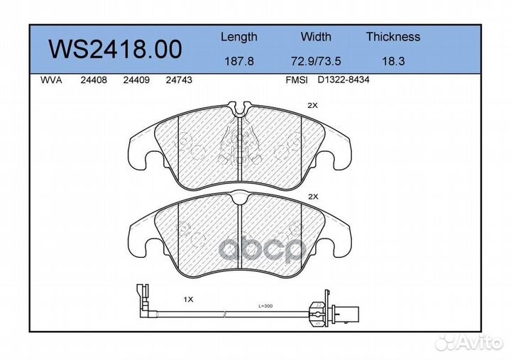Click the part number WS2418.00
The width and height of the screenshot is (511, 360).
pos(114,50)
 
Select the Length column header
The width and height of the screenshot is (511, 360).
pos(238,37)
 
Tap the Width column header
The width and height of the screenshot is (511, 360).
pos(316,37)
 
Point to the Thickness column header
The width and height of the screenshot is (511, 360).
pos(392,37)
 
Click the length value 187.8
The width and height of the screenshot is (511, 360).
pos(238,62)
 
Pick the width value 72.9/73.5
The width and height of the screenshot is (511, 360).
pos(316,62)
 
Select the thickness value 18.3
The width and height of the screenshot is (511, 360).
pos(392,62)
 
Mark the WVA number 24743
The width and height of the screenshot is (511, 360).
pos(179,81)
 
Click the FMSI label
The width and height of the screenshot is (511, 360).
pos(296,81)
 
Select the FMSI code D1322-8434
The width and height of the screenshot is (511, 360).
pos(344,81)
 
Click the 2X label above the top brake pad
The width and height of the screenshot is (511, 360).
pos(312,105)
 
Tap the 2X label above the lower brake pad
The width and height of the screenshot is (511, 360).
pos(312,196)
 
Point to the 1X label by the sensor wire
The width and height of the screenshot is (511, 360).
pos(188,300)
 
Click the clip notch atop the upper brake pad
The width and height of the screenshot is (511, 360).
pos(241,108)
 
